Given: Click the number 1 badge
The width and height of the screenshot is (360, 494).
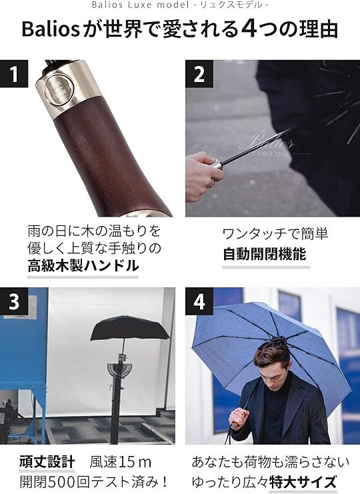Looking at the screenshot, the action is point(14,74).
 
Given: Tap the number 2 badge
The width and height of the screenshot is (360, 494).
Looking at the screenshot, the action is point(199,74).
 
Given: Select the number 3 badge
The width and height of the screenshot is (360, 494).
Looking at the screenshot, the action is point(14,301).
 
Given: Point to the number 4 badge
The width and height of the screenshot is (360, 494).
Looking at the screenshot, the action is point(199,301).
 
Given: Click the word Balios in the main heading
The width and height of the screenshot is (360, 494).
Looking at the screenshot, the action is point(51,29).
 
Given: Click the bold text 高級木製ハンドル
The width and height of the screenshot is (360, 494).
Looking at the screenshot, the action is point(83,265).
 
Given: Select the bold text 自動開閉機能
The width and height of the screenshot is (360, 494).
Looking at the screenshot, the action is point(265,254).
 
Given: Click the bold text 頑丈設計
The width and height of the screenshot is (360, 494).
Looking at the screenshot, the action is point(47,462).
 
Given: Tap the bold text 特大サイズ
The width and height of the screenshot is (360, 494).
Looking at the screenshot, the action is point(303,482).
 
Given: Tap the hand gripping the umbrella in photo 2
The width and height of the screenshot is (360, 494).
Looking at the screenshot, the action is point(204,175).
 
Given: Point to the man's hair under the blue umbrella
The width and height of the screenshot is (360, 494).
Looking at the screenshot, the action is point(272,351).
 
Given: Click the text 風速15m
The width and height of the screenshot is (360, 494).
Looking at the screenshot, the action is point(120,462).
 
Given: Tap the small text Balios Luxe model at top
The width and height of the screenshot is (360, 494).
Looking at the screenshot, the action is point(141,5).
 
